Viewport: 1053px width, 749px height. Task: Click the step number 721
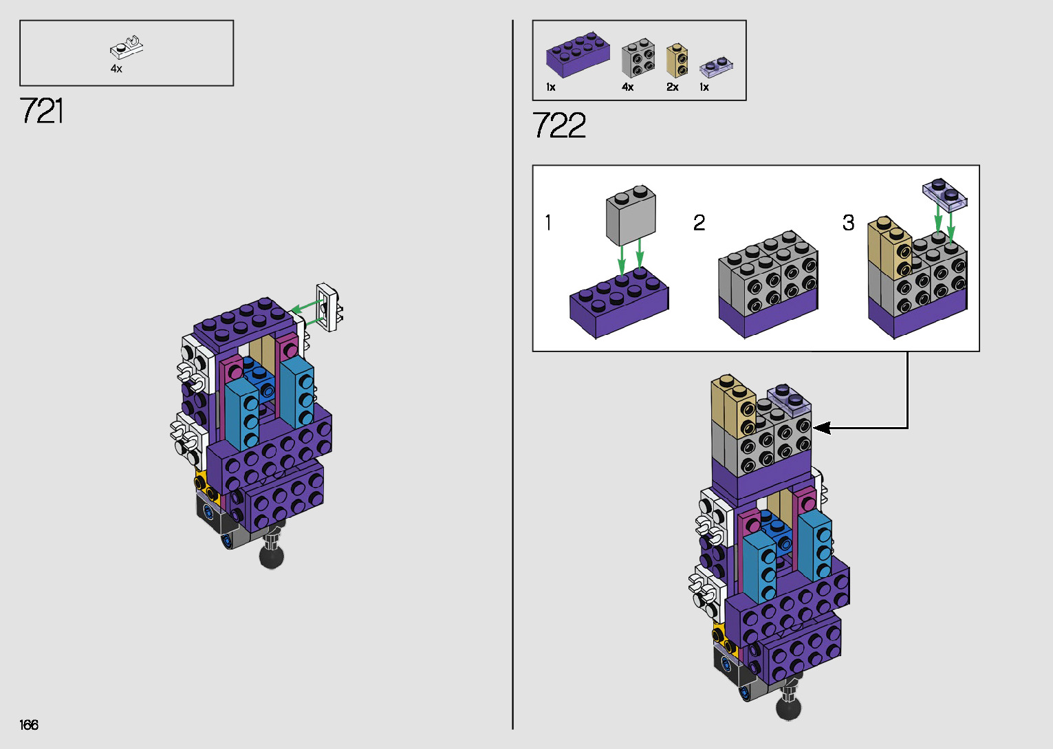tap(41, 111)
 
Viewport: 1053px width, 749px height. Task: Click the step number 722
tap(559, 125)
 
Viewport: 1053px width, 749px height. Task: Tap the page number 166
tap(29, 724)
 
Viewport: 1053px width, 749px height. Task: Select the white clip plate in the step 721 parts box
tap(127, 47)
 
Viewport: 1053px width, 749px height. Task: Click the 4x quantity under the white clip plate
tap(116, 69)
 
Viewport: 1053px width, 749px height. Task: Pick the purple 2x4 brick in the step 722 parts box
tap(578, 54)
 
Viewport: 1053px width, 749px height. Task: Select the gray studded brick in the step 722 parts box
tap(638, 58)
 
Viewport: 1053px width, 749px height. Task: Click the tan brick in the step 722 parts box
tap(677, 61)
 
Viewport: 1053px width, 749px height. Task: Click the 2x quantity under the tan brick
tap(672, 87)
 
